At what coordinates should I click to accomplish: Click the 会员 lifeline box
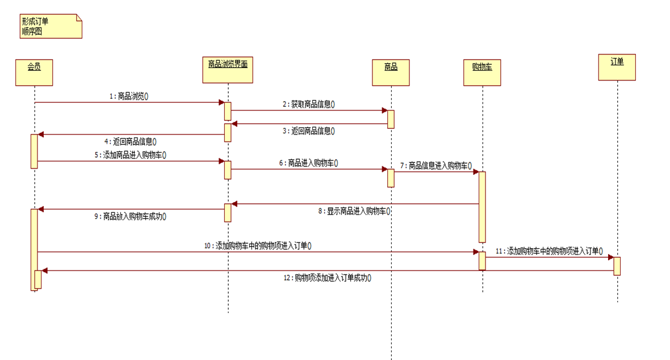[x=34, y=73]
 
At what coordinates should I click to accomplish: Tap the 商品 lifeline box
[x=391, y=73]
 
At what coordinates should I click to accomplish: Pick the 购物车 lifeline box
[x=482, y=73]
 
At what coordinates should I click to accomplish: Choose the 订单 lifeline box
[x=617, y=67]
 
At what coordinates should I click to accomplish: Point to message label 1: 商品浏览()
[x=129, y=97]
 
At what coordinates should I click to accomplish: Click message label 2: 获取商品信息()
[x=309, y=104]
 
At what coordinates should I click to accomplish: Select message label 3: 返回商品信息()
[x=309, y=131]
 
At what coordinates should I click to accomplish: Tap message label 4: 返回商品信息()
[x=130, y=141]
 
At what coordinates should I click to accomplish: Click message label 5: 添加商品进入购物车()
[x=134, y=154]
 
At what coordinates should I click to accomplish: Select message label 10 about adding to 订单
[x=258, y=246]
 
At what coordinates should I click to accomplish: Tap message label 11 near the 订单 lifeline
[x=548, y=250]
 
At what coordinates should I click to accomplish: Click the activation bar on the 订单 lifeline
[x=617, y=266]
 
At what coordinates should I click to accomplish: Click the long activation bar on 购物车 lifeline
[x=482, y=207]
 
